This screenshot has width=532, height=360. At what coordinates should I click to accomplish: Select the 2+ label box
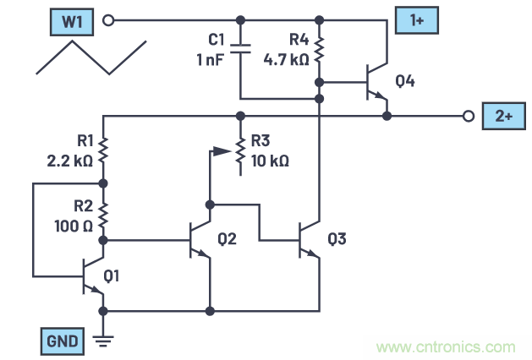[501, 116]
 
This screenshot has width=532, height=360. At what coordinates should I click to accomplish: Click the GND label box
[61, 341]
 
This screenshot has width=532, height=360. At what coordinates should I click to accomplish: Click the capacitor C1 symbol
[240, 50]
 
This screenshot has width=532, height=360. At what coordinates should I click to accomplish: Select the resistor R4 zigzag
[320, 50]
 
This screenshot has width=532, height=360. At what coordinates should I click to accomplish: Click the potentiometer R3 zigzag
[240, 151]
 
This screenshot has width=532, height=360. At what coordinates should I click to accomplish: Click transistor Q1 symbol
[91, 275]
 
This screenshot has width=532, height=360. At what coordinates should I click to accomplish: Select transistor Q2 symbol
[199, 240]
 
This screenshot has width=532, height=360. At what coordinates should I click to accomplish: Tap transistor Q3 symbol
[310, 240]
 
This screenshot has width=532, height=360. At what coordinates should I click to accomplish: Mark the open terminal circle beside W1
[107, 19]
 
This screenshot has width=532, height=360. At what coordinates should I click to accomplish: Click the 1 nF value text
[209, 59]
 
